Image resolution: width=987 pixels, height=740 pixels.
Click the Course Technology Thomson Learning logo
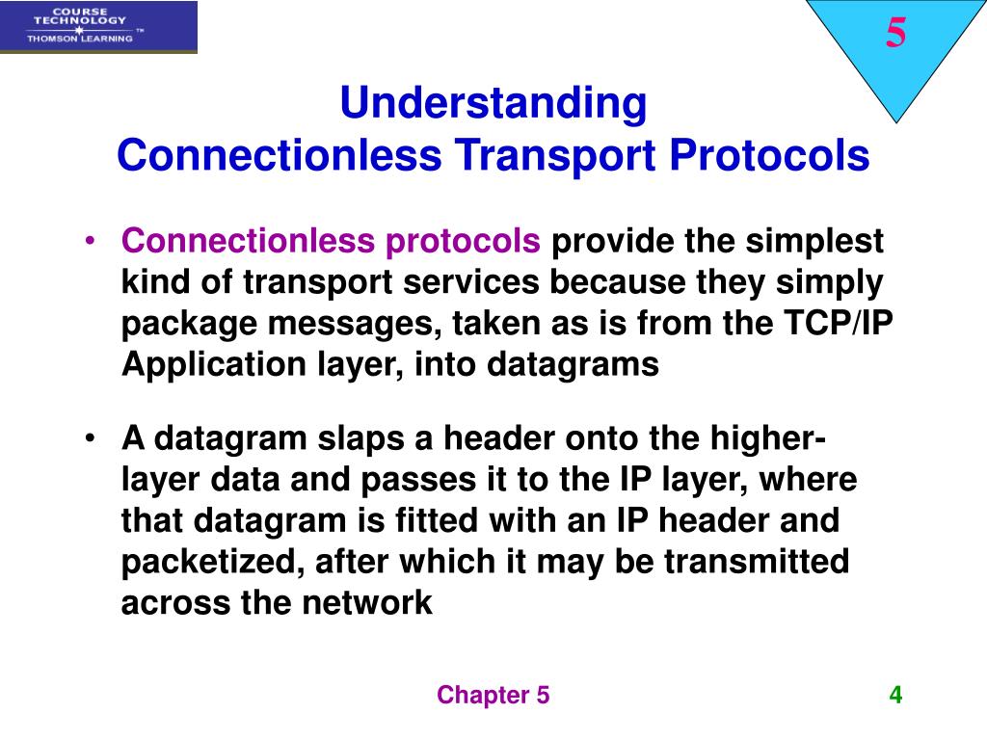[x=98, y=27]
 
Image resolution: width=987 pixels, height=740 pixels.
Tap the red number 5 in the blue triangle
[x=895, y=35]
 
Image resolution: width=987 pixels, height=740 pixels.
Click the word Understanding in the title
[x=493, y=104]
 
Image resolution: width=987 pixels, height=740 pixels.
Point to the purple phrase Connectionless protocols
[x=331, y=242]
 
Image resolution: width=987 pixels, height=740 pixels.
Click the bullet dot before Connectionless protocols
[x=90, y=242]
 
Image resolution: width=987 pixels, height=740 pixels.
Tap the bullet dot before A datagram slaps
[x=90, y=440]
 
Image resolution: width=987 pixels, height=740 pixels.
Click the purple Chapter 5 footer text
[x=493, y=696]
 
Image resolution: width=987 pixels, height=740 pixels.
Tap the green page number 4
[x=895, y=695]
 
